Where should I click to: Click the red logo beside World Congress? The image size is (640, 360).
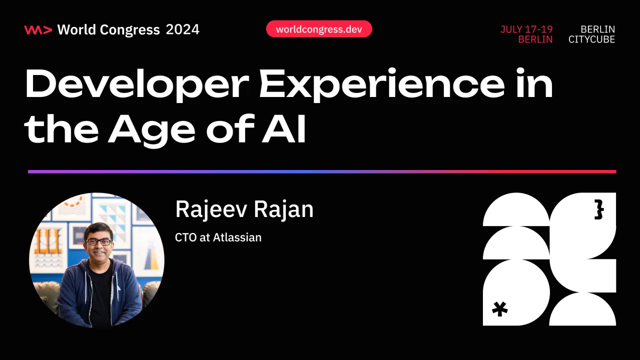click(x=38, y=30)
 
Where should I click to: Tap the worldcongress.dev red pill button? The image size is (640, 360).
click(x=319, y=29)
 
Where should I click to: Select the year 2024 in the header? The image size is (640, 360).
click(x=183, y=30)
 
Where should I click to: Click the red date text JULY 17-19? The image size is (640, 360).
click(x=526, y=29)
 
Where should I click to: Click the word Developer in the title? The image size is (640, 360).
click(x=135, y=85)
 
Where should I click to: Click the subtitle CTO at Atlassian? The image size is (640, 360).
click(x=218, y=237)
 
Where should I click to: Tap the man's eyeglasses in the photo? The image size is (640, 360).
click(x=99, y=242)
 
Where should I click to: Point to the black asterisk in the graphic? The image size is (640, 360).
click(x=499, y=309)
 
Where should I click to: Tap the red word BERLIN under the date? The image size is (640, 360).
click(x=535, y=40)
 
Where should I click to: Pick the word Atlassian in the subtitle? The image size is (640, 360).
click(x=237, y=237)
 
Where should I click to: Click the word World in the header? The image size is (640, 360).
click(x=76, y=30)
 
